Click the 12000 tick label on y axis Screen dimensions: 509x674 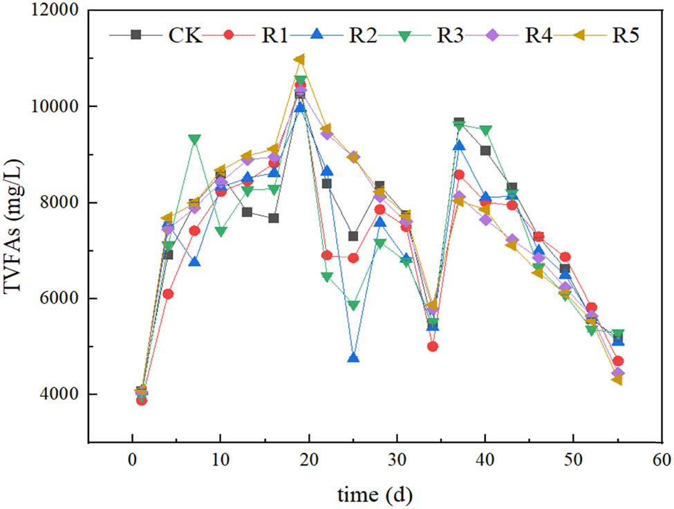coord(53,11)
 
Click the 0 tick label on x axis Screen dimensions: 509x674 coord(132,459)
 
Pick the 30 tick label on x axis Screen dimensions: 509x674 coord(397,459)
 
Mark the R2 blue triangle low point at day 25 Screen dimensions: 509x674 coord(353,358)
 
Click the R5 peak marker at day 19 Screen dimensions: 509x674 coord(299,59)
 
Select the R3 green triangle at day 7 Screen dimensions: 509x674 coord(194,140)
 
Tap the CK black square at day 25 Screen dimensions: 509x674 coord(353,237)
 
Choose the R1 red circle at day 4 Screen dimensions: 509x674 coord(168,294)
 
